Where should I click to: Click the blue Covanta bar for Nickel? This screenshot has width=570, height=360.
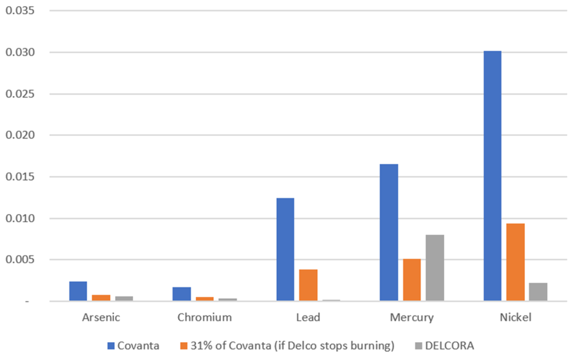click(492, 176)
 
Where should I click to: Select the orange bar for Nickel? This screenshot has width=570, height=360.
click(515, 262)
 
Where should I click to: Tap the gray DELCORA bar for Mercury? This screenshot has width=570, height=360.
click(435, 268)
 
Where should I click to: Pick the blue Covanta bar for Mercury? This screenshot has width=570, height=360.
click(389, 233)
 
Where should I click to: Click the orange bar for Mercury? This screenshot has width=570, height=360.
click(412, 280)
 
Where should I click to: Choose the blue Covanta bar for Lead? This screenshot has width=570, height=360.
click(285, 249)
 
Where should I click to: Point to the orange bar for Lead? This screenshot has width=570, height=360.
click(308, 285)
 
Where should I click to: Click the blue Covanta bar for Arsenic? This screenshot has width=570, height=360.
click(78, 291)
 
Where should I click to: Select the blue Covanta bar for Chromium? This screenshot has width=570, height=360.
click(181, 294)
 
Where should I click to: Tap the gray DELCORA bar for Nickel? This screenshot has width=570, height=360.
click(538, 292)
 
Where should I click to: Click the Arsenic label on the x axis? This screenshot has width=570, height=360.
click(101, 318)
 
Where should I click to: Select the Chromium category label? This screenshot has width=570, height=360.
click(204, 318)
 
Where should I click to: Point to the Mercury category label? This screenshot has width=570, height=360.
click(411, 318)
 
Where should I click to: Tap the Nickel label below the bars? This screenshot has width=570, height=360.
click(515, 318)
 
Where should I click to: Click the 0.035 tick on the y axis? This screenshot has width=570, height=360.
click(20, 11)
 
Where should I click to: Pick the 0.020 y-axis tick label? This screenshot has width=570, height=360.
click(20, 135)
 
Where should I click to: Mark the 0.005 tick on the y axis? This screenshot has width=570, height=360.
click(20, 260)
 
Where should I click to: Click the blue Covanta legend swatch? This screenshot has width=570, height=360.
click(111, 346)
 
